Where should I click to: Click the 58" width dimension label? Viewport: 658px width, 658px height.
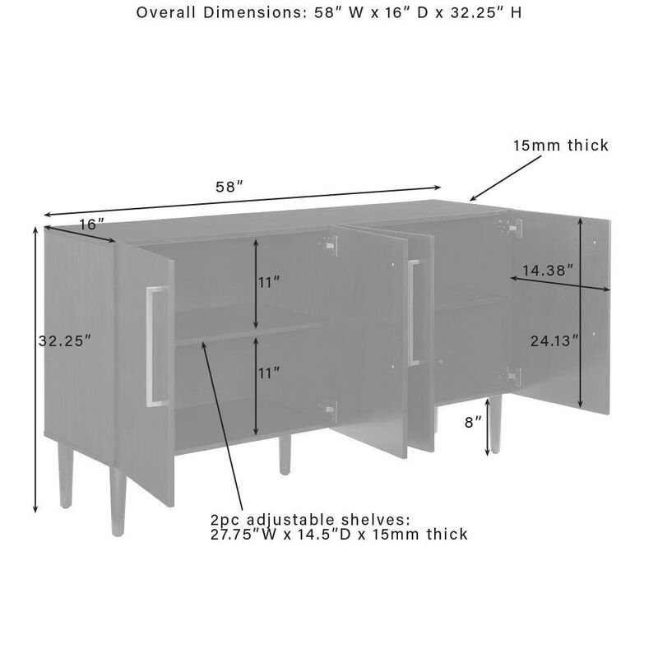pyautogui.click(x=229, y=187)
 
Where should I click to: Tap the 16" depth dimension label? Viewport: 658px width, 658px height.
pyautogui.click(x=92, y=225)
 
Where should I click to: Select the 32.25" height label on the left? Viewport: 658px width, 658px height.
pyautogui.click(x=65, y=341)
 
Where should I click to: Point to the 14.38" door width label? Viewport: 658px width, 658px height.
pyautogui.click(x=548, y=271)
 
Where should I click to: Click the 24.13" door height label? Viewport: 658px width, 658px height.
pyautogui.click(x=554, y=341)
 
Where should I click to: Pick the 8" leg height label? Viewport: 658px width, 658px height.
pyautogui.click(x=473, y=422)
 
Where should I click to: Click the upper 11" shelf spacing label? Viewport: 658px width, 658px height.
pyautogui.click(x=269, y=283)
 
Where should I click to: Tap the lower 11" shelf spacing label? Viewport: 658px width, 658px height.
pyautogui.click(x=269, y=373)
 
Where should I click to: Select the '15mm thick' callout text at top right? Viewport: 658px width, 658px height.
pyautogui.click(x=561, y=146)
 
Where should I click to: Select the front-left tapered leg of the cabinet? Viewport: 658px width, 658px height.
pyautogui.click(x=118, y=501)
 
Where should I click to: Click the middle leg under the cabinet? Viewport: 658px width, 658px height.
pyautogui.click(x=285, y=455)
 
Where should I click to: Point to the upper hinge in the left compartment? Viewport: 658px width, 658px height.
pyautogui.click(x=330, y=244)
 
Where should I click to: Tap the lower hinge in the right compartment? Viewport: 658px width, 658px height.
pyautogui.click(x=512, y=376)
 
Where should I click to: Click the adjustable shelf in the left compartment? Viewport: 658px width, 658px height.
pyautogui.click(x=248, y=324)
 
